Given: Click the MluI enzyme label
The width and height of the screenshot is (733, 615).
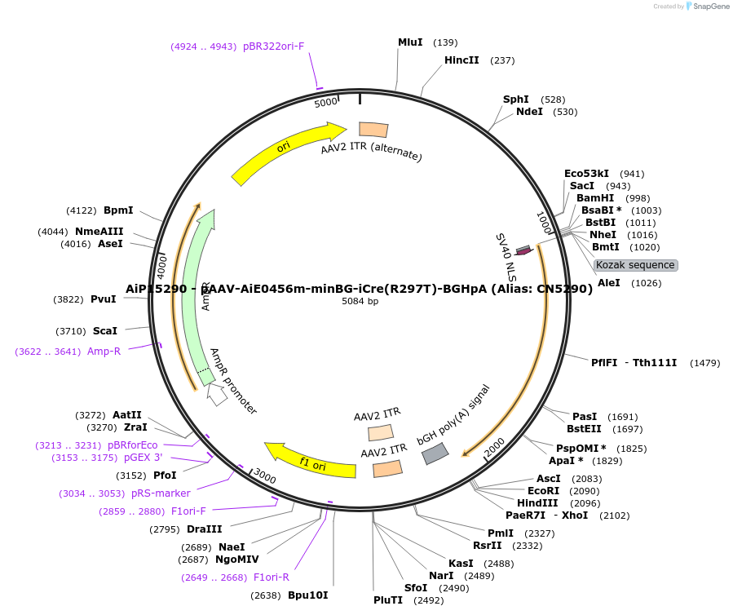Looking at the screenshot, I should pyautogui.click(x=410, y=42).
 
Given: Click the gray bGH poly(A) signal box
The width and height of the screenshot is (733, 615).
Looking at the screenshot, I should pyautogui.click(x=435, y=454).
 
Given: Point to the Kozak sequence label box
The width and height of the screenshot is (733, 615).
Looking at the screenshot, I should pyautogui.click(x=635, y=265).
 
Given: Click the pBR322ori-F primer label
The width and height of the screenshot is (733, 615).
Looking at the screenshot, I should pyautogui.click(x=273, y=46).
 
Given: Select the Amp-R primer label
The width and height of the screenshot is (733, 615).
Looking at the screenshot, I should pyautogui.click(x=104, y=352).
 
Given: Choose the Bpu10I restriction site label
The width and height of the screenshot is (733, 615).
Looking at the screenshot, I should pyautogui.click(x=307, y=595).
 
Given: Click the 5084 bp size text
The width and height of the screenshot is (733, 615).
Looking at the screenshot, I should pyautogui.click(x=360, y=301).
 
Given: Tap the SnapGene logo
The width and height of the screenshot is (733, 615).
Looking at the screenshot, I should pyautogui.click(x=708, y=7).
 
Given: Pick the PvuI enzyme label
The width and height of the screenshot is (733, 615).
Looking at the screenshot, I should pyautogui.click(x=104, y=299).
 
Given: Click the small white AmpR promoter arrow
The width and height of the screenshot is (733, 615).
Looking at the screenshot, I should pyautogui.click(x=217, y=396).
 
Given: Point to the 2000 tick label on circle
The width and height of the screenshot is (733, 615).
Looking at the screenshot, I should pyautogui.click(x=495, y=447).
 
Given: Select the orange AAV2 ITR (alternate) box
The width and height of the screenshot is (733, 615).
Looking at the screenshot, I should pyautogui.click(x=373, y=130).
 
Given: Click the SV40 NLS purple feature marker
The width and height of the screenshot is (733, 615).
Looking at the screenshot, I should pyautogui.click(x=523, y=250).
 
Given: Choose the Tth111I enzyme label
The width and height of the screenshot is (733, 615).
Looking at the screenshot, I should pyautogui.click(x=655, y=363).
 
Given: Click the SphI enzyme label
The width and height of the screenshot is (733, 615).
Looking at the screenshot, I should pyautogui.click(x=516, y=100).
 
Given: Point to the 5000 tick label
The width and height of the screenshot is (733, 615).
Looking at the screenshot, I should pyautogui.click(x=325, y=102).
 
